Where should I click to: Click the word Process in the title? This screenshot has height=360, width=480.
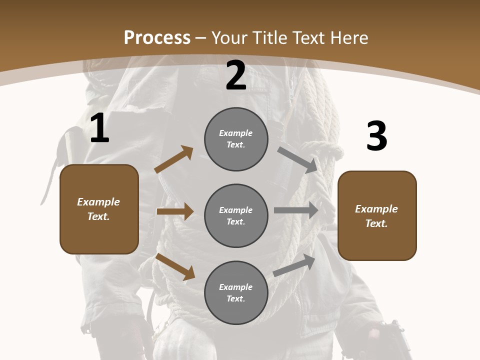coord(157,37)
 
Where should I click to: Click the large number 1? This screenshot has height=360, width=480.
coord(99,128)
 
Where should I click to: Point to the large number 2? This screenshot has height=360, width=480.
coord(236,75)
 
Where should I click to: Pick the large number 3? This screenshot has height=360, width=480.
coord(376,136)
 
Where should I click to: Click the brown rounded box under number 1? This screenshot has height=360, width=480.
coord(99,209)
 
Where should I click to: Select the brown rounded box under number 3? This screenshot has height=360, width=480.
coord(377,216)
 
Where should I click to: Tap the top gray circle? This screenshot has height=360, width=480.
coord(236,139)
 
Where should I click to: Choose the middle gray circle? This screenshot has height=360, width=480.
coord(236,216)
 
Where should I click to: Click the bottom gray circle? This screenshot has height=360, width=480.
coord(236,293)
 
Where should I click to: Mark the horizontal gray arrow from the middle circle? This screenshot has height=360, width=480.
coord(296,210)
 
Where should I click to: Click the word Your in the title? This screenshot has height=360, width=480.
coord(229,37)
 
